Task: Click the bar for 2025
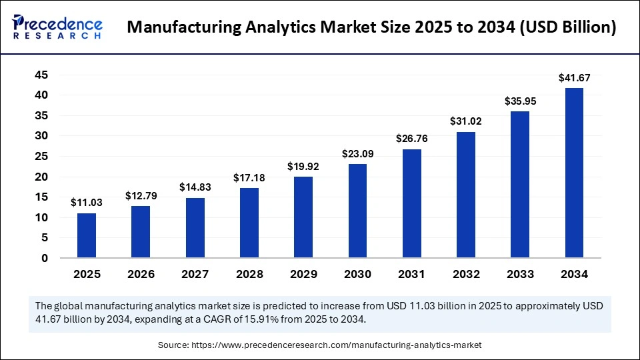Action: pos(86,235)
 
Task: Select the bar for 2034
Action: pos(574,173)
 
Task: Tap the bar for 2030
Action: pos(357,211)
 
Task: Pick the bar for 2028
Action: pos(249,223)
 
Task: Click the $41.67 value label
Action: pos(574,78)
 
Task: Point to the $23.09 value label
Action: pos(357,153)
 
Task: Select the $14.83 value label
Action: pos(195,188)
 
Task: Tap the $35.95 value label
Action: pos(520,101)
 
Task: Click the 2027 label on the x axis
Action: pos(195,274)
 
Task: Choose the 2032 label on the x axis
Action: pos(466,274)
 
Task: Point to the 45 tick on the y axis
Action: pos(41,75)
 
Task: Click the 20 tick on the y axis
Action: pos(41,177)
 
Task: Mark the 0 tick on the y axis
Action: pos(45,258)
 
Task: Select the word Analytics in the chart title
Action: pos(283,28)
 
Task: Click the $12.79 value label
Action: pos(141,196)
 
